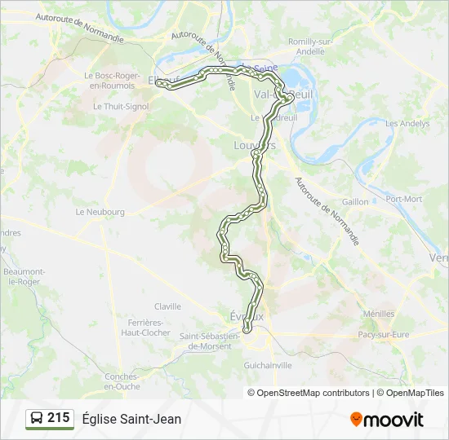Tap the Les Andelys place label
coord(407,124)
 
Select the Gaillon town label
coord(355,201)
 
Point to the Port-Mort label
coord(404,199)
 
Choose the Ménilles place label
coord(379,314)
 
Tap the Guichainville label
coord(269,366)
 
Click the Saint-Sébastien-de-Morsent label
coord(209,341)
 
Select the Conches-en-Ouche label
coord(122,381)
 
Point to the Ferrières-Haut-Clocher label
coord(146,328)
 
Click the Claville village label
coord(167,306)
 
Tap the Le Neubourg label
coord(100,212)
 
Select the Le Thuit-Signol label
coord(119,106)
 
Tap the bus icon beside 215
coord(37,419)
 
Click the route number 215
coord(58,418)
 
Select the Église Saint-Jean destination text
coord(131,419)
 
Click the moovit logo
coord(387,419)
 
